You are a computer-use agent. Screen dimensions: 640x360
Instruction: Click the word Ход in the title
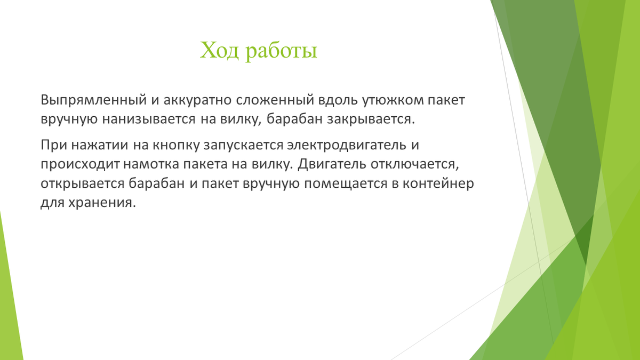(219, 51)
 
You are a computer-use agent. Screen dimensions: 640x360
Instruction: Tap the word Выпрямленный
(94, 100)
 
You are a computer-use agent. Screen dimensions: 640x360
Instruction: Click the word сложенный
(275, 100)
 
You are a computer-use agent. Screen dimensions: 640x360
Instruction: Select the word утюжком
(393, 100)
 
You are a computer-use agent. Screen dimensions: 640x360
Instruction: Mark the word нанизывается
(149, 119)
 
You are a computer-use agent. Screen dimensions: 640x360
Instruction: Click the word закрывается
(371, 119)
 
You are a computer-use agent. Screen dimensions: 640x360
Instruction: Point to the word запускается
(243, 146)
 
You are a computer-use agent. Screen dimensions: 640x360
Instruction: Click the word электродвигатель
(347, 145)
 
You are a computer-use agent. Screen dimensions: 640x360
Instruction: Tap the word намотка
(151, 164)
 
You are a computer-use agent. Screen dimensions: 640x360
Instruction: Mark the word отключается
(415, 165)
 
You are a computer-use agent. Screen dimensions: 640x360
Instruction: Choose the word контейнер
(438, 183)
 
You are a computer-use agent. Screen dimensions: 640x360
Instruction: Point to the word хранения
(102, 203)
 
